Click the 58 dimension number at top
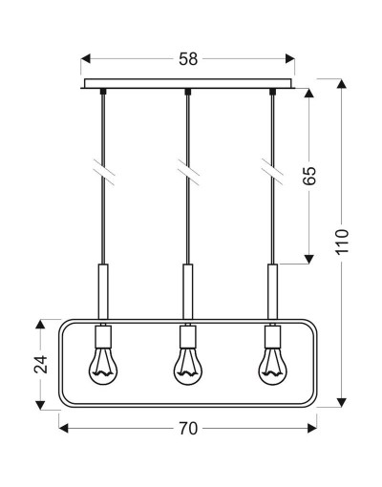188,59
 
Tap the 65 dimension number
309,176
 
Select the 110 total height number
342,242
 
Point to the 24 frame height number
41,364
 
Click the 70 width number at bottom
188,429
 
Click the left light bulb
103,366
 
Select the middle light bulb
188,366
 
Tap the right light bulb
272,366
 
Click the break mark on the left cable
104,172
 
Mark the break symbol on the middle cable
188,172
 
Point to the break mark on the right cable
272,172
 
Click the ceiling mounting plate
188,84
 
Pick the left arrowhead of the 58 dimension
86,59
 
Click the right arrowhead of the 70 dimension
312,428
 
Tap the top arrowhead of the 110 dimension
342,84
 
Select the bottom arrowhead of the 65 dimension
308,259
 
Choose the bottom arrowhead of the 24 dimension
40,405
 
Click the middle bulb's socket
188,336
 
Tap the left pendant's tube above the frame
103,291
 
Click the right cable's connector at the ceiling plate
272,92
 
